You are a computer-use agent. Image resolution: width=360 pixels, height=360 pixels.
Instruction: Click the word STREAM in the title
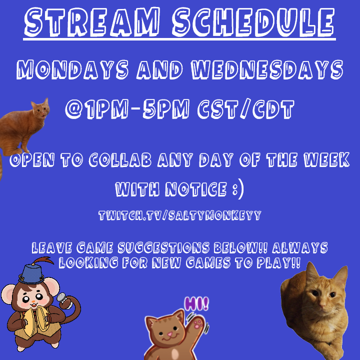[92, 22]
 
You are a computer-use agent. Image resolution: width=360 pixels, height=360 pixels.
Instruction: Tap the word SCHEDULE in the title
[253, 22]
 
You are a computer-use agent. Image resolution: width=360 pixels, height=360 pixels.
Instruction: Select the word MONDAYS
[72, 69]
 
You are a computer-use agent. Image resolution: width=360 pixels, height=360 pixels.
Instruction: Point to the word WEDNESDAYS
[267, 69]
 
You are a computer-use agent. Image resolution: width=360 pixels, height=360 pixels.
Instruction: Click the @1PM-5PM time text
[127, 109]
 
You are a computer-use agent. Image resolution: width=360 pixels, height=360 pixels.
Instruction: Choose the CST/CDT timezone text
[246, 109]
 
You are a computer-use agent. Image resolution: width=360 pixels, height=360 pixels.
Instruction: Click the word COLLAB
[120, 159]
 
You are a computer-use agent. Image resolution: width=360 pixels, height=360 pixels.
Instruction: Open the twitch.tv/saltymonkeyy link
[180, 215]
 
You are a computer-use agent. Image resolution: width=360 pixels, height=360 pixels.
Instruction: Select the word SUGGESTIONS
[163, 247]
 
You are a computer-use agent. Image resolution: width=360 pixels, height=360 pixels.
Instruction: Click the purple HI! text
[197, 303]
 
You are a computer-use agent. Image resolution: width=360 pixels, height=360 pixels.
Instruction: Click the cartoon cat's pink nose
[169, 334]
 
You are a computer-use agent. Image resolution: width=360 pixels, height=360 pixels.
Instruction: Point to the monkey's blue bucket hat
[31, 273]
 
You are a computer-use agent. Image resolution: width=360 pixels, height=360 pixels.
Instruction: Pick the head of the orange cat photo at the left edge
[40, 108]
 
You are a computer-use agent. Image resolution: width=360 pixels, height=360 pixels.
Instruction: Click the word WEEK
[326, 159]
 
